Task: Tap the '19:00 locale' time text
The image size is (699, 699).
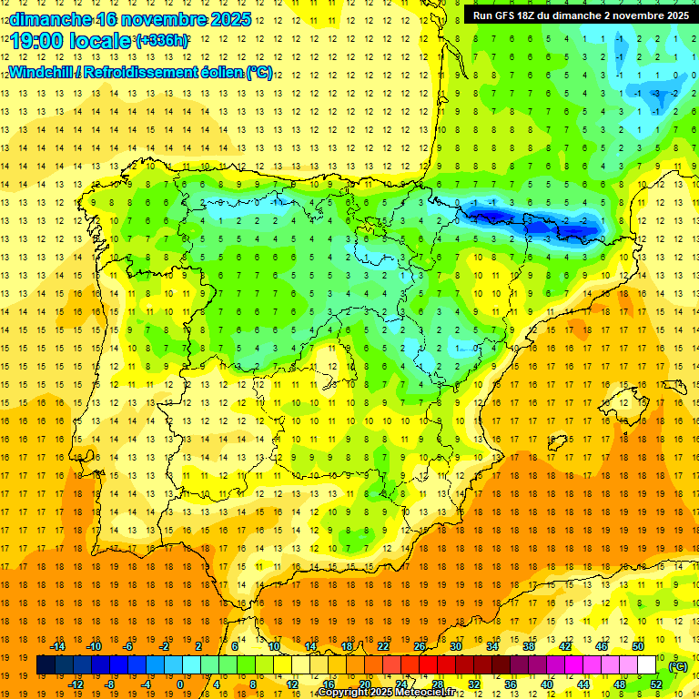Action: (x=71, y=41)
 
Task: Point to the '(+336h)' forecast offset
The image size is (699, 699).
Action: (x=162, y=41)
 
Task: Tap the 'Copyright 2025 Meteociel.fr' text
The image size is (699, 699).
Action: (x=386, y=693)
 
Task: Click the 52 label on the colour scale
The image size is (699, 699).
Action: (x=655, y=684)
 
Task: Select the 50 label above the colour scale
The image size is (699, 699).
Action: (x=638, y=646)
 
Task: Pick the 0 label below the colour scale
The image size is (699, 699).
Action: (x=180, y=684)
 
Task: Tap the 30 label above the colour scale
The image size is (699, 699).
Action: (x=456, y=646)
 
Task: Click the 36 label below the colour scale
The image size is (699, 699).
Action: (x=511, y=684)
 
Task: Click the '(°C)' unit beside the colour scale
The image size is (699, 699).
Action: (x=677, y=666)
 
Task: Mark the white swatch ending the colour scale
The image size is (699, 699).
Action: (x=646, y=665)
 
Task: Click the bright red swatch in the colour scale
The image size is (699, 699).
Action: (x=429, y=665)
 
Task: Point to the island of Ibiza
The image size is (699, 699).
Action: (x=556, y=443)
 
